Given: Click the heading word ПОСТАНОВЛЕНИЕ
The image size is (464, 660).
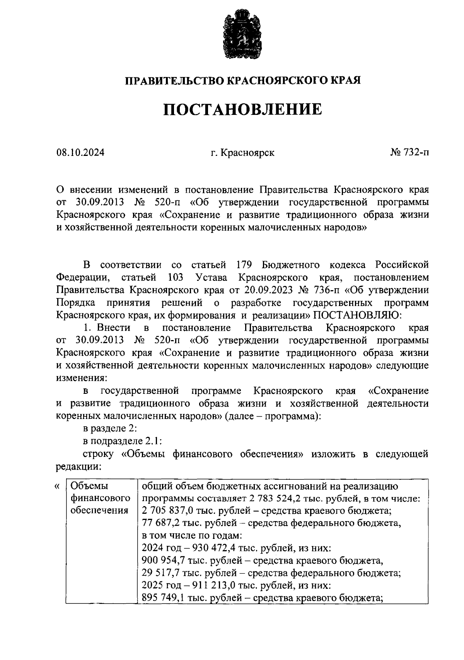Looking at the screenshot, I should (x=242, y=109).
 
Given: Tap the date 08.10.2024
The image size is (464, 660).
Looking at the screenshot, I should (x=80, y=152).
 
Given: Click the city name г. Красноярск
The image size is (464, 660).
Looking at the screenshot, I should (x=242, y=152).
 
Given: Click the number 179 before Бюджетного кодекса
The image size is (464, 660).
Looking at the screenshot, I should (x=244, y=265).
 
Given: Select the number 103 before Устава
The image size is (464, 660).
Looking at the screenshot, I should (x=176, y=277).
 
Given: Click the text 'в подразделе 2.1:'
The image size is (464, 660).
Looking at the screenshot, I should (x=122, y=441).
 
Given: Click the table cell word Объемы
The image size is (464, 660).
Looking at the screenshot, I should (x=90, y=486).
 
